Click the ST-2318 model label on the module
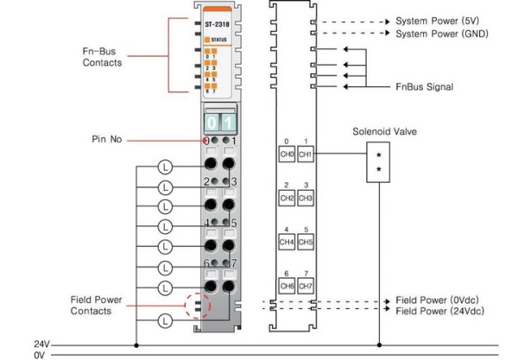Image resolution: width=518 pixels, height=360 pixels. pyautogui.click(x=217, y=26)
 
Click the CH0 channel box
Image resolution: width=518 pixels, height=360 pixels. pyautogui.click(x=287, y=155)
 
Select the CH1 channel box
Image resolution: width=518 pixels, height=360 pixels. pyautogui.click(x=305, y=155)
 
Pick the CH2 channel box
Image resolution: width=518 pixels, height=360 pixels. pyautogui.click(x=287, y=199)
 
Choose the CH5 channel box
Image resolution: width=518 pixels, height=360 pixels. pyautogui.click(x=305, y=243)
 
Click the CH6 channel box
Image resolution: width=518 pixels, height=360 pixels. pyautogui.click(x=287, y=286)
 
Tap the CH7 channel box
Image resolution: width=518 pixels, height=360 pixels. pyautogui.click(x=305, y=286)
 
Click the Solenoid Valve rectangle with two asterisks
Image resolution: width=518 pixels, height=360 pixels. pyautogui.click(x=378, y=161)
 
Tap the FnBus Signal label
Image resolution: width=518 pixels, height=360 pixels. pyautogui.click(x=424, y=86)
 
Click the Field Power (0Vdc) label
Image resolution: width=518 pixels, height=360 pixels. pyautogui.click(x=442, y=300)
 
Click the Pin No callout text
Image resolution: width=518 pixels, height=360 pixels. pyautogui.click(x=110, y=139)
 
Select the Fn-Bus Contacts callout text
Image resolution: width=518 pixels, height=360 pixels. pyautogui.click(x=102, y=57)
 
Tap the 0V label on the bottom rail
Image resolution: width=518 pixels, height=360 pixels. pyautogui.click(x=39, y=354)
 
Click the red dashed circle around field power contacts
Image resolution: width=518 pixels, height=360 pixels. pyautogui.click(x=197, y=305)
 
